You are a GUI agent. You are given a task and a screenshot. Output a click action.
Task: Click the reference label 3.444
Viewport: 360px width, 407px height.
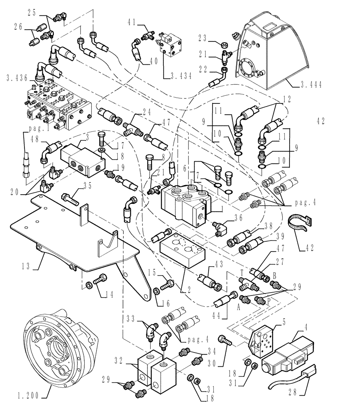pos(310,85)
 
